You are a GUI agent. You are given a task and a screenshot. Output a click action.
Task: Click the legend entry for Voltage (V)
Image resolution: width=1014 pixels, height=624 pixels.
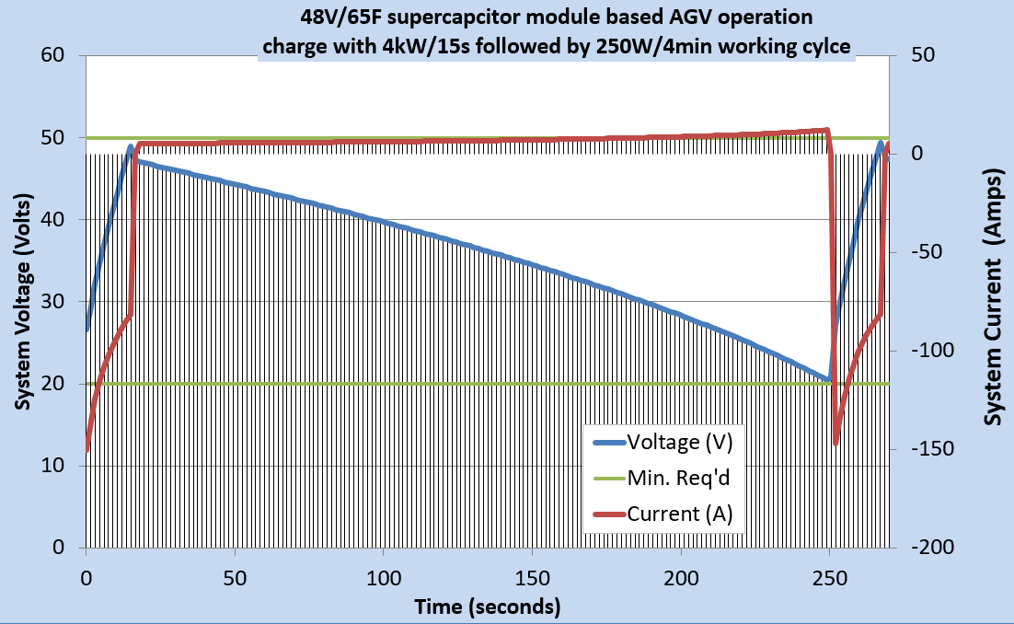pos(679,441)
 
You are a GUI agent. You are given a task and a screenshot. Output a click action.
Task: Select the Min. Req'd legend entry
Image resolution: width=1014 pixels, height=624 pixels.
pos(679,477)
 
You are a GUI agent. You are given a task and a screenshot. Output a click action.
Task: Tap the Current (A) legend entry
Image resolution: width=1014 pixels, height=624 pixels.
pos(679,514)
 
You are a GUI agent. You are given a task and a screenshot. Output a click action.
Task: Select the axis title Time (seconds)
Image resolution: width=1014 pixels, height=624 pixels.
pos(488,607)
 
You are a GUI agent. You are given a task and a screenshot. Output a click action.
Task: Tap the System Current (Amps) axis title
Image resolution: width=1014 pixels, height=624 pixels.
pos(993,301)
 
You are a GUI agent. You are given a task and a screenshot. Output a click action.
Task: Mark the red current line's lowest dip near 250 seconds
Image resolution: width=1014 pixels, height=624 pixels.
pos(835,444)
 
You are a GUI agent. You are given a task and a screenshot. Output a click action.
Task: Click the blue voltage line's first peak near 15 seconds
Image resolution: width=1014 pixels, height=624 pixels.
pos(131,121)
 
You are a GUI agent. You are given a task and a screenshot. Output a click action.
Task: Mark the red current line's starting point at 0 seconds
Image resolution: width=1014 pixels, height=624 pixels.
pos(86,449)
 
